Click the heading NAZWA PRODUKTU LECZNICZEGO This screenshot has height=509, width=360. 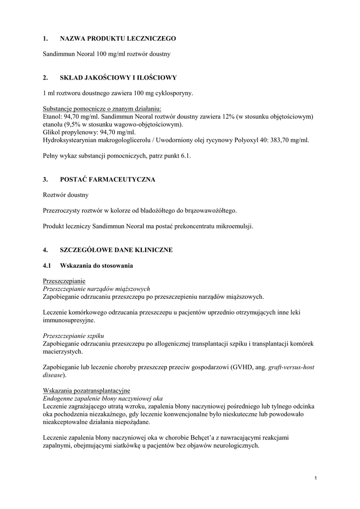(x=118, y=38)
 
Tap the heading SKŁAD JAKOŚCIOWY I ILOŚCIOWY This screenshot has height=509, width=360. (x=118, y=78)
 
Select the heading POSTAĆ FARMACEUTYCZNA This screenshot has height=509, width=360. (x=107, y=179)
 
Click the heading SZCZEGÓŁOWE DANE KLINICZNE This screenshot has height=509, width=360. (x=116, y=250)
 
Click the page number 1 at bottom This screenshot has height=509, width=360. (x=316, y=478)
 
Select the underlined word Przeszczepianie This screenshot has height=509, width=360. (x=64, y=281)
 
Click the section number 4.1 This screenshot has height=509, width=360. (x=48, y=265)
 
